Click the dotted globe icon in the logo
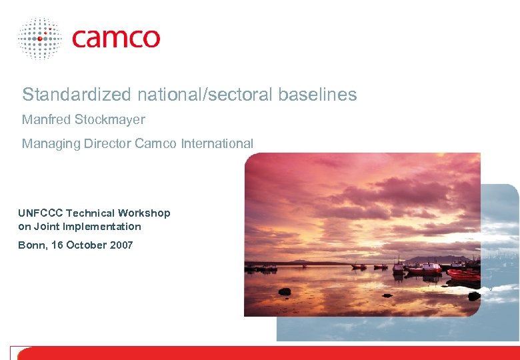pos(40,39)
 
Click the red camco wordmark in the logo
pos(116,37)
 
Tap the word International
pos(217,143)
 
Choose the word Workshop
pos(144,213)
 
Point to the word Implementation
pos(99,227)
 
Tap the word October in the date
pos(84,245)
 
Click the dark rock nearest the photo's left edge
pos(285,291)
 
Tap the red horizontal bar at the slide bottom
pos(267,353)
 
